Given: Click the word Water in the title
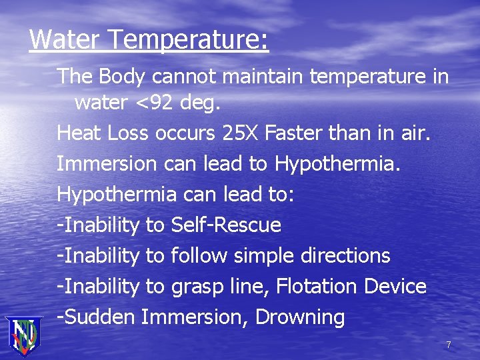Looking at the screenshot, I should pyautogui.click(x=64, y=39).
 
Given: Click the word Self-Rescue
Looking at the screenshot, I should pyautogui.click(x=226, y=225).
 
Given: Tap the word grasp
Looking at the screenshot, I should pyautogui.click(x=195, y=287).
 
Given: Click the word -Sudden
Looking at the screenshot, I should pyautogui.click(x=97, y=317).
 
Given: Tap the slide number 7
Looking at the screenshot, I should pyautogui.click(x=449, y=345).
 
